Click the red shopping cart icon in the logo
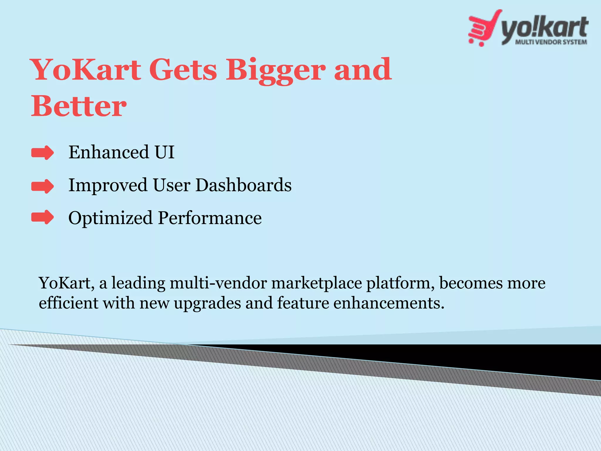click(x=481, y=29)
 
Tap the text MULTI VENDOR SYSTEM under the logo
click(x=551, y=42)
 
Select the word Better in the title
click(x=79, y=106)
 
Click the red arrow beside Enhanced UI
click(x=43, y=153)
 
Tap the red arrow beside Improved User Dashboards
click(x=43, y=186)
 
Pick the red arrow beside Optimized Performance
click(x=43, y=218)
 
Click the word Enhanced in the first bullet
click(x=109, y=152)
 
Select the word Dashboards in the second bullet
click(x=243, y=185)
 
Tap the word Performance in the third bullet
click(x=210, y=218)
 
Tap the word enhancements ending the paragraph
click(x=389, y=303)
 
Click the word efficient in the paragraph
click(x=69, y=303)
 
